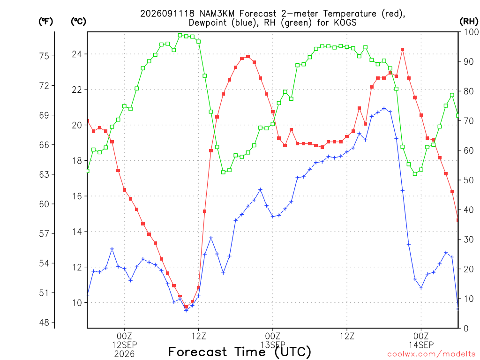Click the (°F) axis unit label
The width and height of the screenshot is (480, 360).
[45, 22]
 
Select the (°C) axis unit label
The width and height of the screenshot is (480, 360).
[78, 22]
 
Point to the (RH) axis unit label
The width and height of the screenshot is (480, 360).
[469, 22]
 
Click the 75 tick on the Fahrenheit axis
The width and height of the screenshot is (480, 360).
[44, 56]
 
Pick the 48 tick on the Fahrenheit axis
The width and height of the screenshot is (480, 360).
[44, 322]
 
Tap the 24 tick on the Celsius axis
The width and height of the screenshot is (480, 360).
[77, 54]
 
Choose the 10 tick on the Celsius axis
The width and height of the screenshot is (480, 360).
[77, 303]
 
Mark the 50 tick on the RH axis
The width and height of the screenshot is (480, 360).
[469, 180]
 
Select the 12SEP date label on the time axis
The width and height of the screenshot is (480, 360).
[124, 345]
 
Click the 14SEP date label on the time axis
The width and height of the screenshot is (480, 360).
[421, 345]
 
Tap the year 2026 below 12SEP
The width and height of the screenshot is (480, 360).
[124, 354]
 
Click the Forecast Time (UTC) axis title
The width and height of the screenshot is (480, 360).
[240, 352]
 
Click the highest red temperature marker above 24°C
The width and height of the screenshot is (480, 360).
[403, 50]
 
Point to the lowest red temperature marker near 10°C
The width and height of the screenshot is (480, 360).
[186, 307]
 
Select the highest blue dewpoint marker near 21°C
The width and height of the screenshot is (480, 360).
[384, 109]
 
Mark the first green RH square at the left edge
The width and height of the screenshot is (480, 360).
[88, 171]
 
